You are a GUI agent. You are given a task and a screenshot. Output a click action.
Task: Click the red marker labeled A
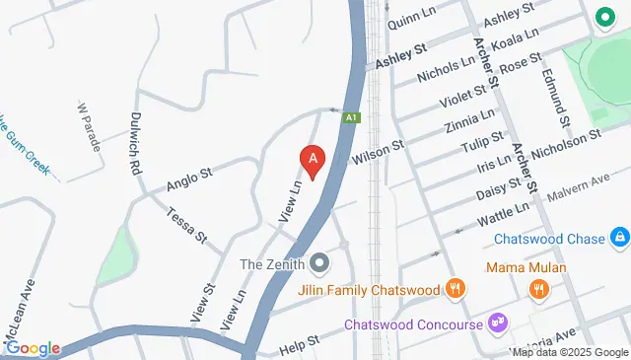313,161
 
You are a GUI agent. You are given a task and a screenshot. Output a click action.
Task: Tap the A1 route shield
351,117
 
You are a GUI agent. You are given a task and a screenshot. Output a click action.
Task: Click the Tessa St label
186,225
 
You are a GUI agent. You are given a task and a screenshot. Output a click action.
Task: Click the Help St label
300,344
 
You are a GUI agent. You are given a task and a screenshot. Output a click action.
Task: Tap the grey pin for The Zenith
318,263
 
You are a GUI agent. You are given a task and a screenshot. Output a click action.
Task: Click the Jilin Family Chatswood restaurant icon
454,290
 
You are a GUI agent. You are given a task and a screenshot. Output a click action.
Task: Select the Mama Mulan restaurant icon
538,290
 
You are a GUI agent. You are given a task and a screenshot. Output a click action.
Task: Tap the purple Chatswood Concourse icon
499,324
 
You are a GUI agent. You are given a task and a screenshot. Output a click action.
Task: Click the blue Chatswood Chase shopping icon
619,238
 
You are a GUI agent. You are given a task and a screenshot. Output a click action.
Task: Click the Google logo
33,348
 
